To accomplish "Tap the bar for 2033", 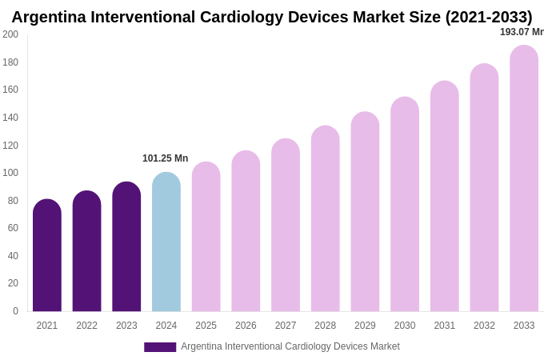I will pyautogui.click(x=524, y=179).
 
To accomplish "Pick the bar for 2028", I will pyautogui.click(x=326, y=219).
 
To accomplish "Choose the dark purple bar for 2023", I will pyautogui.click(x=126, y=247).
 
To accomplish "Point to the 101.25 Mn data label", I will pyautogui.click(x=165, y=158).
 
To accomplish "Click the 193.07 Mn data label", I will pyautogui.click(x=522, y=32).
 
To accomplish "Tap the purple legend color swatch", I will pyautogui.click(x=160, y=347).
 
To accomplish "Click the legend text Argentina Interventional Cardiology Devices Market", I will pyautogui.click(x=290, y=346).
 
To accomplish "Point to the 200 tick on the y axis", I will pyautogui.click(x=10, y=34).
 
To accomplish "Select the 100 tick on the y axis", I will pyautogui.click(x=10, y=173).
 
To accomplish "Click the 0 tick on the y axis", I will pyautogui.click(x=14, y=311).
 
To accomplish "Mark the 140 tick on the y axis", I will pyautogui.click(x=10, y=118).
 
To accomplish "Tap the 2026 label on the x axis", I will pyautogui.click(x=246, y=326).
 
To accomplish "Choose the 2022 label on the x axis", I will pyautogui.click(x=86, y=326).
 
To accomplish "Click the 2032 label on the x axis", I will pyautogui.click(x=484, y=326).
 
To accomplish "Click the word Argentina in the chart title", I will pyautogui.click(x=50, y=17).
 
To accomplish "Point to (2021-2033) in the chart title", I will pyautogui.click(x=488, y=17).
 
